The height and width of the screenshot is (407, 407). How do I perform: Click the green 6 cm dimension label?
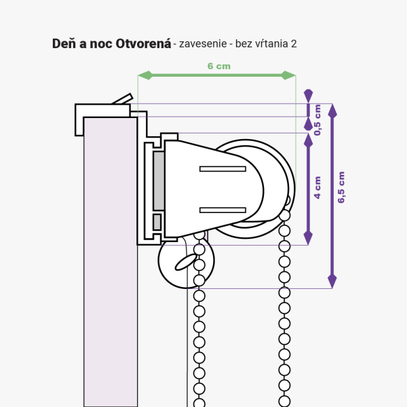(219, 66)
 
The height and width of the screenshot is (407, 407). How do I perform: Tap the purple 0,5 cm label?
(317, 120)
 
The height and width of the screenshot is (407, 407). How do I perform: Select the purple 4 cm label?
(317, 188)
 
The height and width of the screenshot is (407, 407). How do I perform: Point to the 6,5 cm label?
(341, 187)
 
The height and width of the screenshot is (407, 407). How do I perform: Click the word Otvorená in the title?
(143, 43)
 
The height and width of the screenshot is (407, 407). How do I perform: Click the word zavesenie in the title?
(203, 44)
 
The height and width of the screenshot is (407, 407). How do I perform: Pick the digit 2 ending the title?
(294, 44)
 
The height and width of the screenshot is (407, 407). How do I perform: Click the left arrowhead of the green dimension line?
(145, 75)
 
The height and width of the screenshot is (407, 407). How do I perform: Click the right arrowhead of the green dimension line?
(289, 75)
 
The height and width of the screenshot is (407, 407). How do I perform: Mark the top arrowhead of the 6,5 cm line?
(332, 111)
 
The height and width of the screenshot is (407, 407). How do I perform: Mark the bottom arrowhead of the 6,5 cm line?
(332, 281)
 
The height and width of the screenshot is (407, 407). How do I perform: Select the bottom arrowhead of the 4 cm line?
(308, 238)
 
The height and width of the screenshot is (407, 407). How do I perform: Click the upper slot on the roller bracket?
(222, 169)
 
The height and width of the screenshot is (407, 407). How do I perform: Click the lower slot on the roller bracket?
(222, 210)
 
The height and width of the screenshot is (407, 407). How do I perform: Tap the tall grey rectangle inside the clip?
(159, 181)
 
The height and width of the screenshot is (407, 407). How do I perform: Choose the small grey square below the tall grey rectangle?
(157, 222)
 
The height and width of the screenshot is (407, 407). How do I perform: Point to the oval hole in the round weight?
(186, 262)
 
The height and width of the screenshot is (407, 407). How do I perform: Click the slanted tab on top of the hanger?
(123, 99)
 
